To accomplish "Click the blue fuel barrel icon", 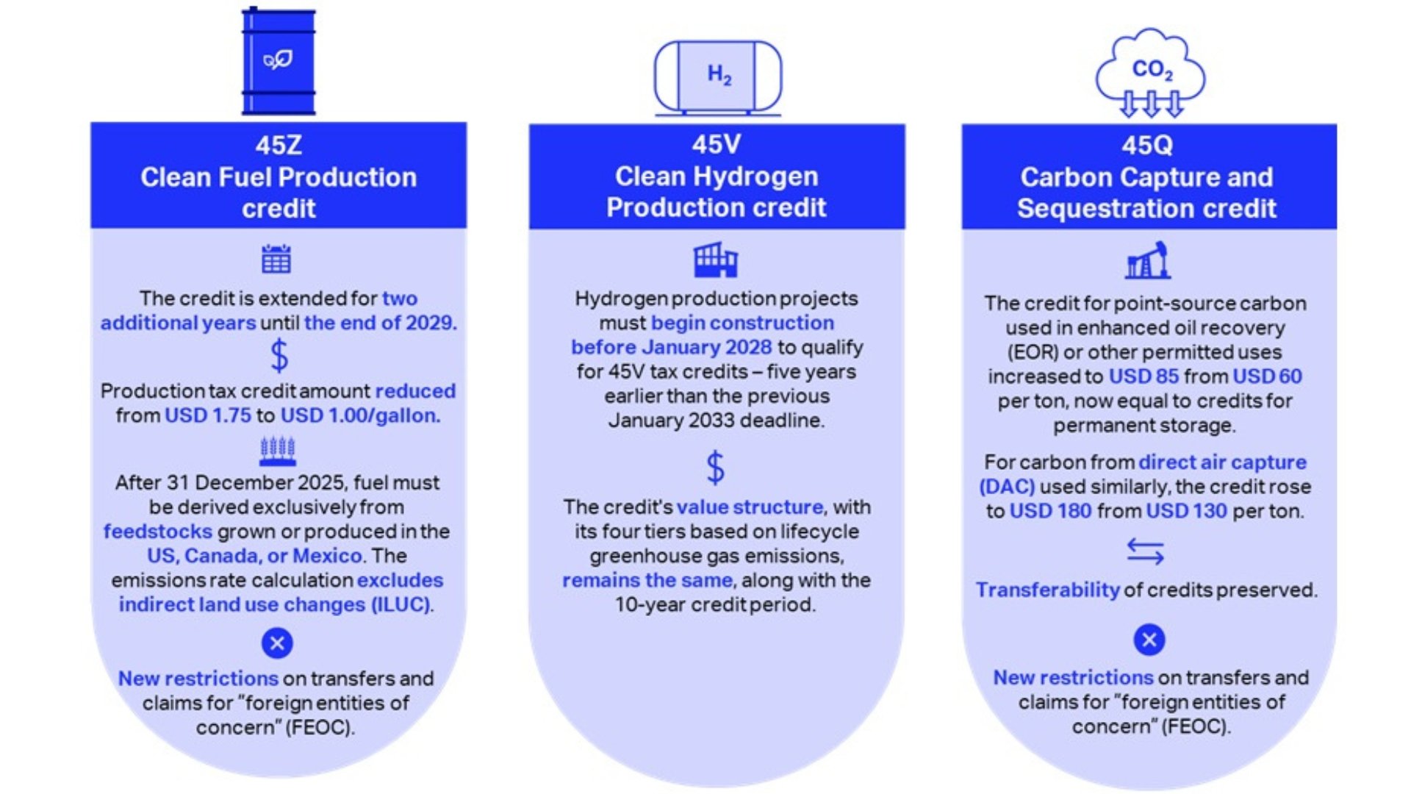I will (279, 62).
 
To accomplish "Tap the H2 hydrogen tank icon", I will (718, 76).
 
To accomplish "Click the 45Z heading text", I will (279, 145).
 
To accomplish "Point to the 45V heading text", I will (717, 144).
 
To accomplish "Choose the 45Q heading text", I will (1147, 145).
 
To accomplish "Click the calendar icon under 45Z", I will (276, 259).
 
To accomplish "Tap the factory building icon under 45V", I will (715, 260).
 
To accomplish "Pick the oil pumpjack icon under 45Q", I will (1148, 261).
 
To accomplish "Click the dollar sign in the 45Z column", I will (279, 357).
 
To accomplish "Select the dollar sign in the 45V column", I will (715, 468).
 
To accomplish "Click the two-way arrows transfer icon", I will (1146, 551).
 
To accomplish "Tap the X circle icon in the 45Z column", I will (277, 644).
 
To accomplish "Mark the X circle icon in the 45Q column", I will (1149, 640).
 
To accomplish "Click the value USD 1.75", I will (208, 415).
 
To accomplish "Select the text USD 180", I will (1050, 511).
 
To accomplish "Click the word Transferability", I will (1047, 590).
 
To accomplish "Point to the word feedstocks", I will (157, 532).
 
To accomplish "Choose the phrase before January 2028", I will (672, 347).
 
